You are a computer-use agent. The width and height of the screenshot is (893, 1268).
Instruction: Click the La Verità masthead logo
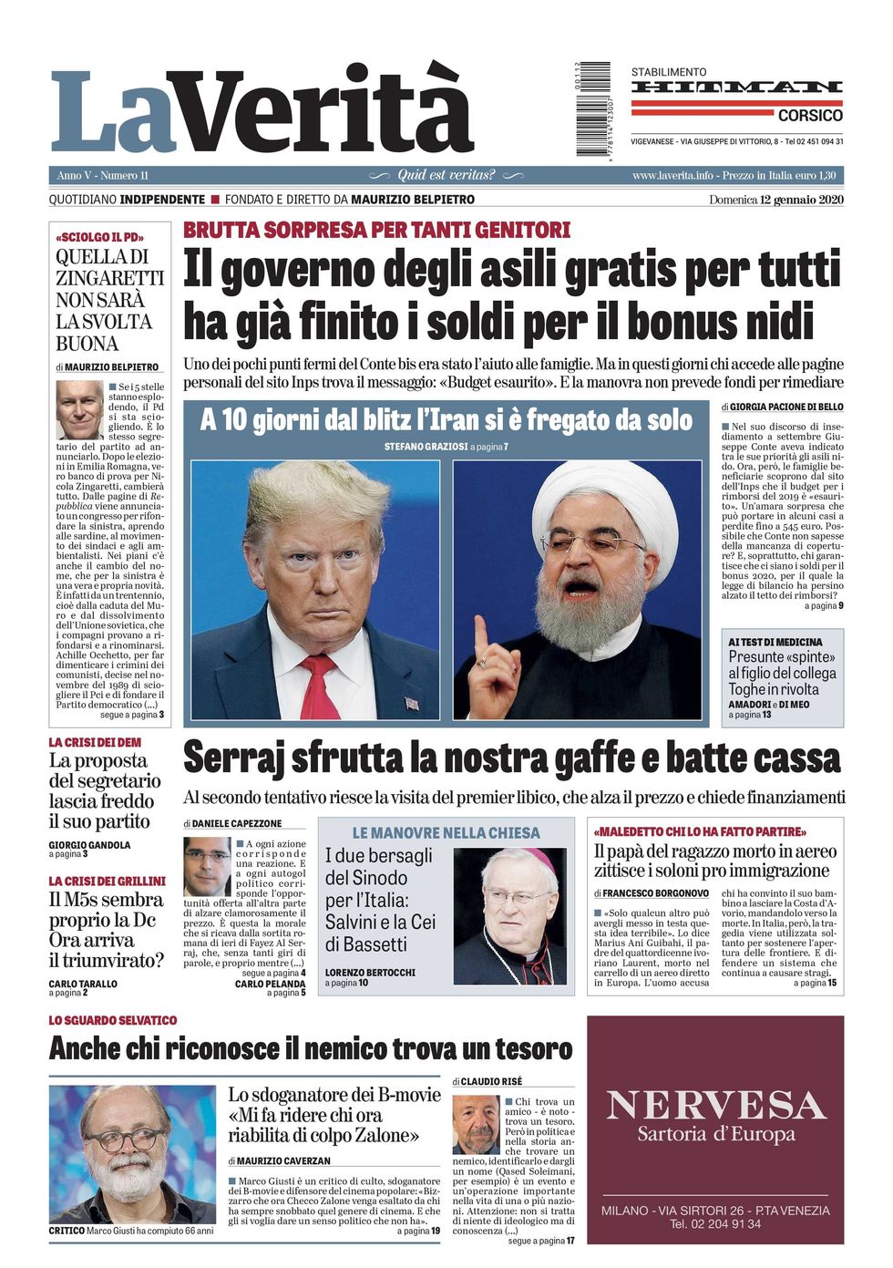pyautogui.click(x=262, y=111)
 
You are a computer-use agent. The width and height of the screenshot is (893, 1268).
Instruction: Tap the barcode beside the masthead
pyautogui.click(x=593, y=108)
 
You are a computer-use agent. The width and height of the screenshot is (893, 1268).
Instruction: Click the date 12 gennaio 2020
pyautogui.click(x=801, y=200)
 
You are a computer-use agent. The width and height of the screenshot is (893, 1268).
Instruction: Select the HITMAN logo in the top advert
pyautogui.click(x=736, y=88)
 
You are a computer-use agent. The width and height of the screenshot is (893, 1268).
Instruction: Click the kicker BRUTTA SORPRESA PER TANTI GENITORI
pyautogui.click(x=376, y=230)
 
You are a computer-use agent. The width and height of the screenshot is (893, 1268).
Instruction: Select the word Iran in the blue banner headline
pyautogui.click(x=449, y=419)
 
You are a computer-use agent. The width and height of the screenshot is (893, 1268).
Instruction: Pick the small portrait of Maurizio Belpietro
pyautogui.click(x=79, y=409)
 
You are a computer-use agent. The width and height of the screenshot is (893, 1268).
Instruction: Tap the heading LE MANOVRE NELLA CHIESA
pyautogui.click(x=446, y=833)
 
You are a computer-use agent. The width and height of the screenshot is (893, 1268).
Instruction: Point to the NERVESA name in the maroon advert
pyautogui.click(x=715, y=1106)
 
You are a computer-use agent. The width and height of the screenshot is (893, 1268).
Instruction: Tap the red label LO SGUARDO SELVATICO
pyautogui.click(x=113, y=1020)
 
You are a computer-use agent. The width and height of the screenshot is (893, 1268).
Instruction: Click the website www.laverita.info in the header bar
pyautogui.click(x=672, y=175)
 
